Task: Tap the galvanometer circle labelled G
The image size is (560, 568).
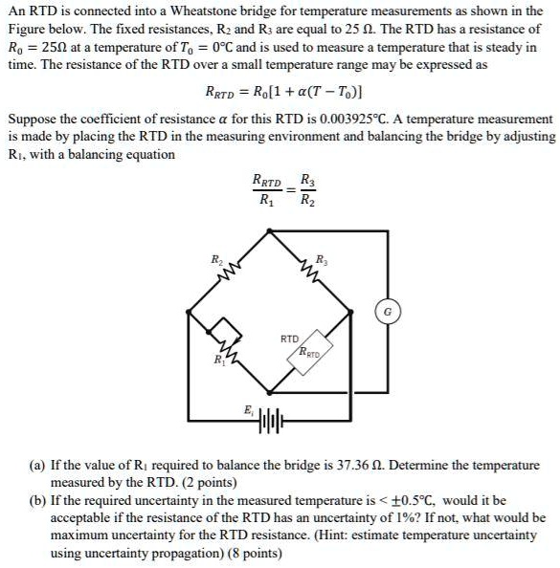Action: click(389, 311)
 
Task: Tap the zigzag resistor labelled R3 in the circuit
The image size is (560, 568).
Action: click(321, 273)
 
